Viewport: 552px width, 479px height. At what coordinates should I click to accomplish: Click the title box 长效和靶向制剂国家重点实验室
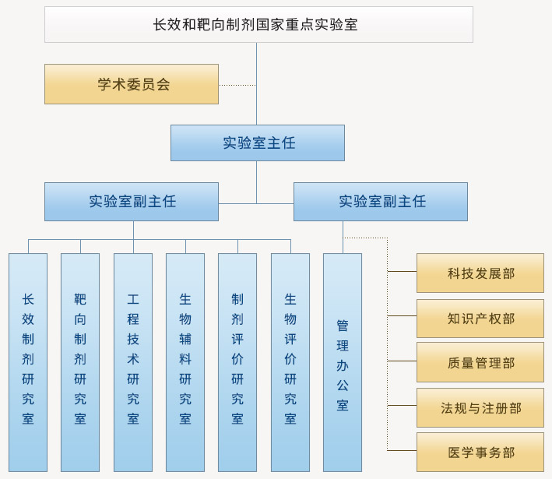pyautogui.click(x=258, y=24)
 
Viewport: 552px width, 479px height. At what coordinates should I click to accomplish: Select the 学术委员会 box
pyautogui.click(x=132, y=84)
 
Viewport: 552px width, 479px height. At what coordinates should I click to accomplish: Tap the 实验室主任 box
pyautogui.click(x=258, y=143)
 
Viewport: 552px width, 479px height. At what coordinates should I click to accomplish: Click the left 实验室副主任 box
pyautogui.click(x=132, y=202)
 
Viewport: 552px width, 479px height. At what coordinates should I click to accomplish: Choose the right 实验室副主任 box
pyautogui.click(x=381, y=202)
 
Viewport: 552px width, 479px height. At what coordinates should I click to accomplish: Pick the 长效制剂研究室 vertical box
pyautogui.click(x=28, y=361)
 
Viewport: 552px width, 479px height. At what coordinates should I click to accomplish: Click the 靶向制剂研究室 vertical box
pyautogui.click(x=80, y=361)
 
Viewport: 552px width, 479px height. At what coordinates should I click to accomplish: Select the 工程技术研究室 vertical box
pyautogui.click(x=133, y=361)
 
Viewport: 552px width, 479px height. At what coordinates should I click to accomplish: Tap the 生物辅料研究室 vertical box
pyautogui.click(x=185, y=361)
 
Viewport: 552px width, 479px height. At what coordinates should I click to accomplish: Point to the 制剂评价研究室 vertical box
pyautogui.click(x=237, y=361)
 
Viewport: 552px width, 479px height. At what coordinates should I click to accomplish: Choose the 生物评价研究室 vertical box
pyautogui.click(x=290, y=361)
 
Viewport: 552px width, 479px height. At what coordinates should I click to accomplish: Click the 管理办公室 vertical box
pyautogui.click(x=343, y=361)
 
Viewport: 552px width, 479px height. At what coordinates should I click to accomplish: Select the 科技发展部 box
pyautogui.click(x=480, y=273)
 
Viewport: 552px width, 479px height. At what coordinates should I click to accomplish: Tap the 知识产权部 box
pyautogui.click(x=480, y=318)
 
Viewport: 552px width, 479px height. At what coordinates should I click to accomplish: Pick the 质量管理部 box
pyautogui.click(x=480, y=362)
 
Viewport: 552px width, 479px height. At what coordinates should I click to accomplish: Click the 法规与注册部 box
pyautogui.click(x=480, y=407)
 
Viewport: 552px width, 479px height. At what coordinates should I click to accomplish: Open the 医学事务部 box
pyautogui.click(x=480, y=453)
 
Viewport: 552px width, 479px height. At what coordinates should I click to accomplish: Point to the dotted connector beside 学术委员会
pyautogui.click(x=237, y=85)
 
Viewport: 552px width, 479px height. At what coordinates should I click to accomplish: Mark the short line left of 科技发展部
pyautogui.click(x=402, y=272)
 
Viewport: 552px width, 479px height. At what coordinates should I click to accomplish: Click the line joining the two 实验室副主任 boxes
pyautogui.click(x=256, y=203)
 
